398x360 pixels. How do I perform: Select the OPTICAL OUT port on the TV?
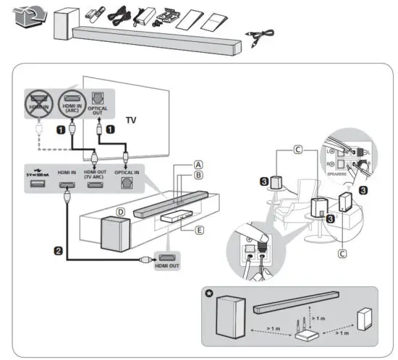click(99, 99)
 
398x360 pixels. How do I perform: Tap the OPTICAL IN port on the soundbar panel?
click(124, 185)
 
